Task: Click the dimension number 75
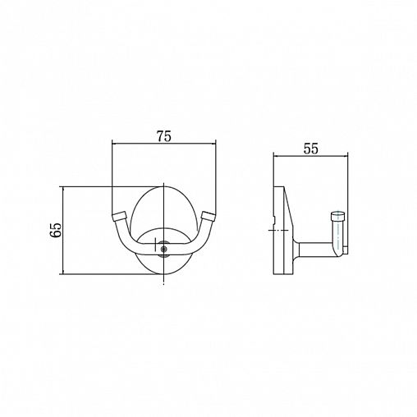coord(164,136)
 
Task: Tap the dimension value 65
coord(57,230)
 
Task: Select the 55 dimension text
coord(311,149)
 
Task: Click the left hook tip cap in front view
coord(119,216)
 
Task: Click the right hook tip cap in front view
coord(208,216)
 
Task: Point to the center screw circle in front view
coord(164,249)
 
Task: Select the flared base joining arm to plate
coord(296,250)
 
